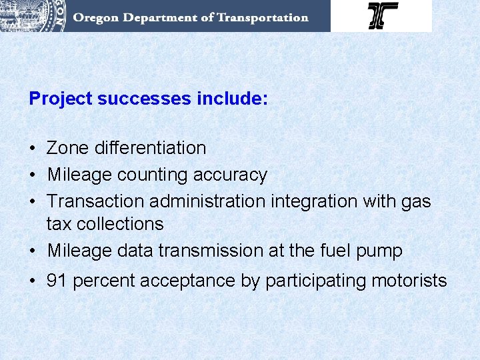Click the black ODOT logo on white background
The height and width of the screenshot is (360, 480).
(383, 15)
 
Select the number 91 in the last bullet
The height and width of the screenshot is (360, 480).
(57, 281)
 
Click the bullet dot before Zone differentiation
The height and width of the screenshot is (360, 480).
(33, 148)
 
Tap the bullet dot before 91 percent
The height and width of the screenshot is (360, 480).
(33, 281)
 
